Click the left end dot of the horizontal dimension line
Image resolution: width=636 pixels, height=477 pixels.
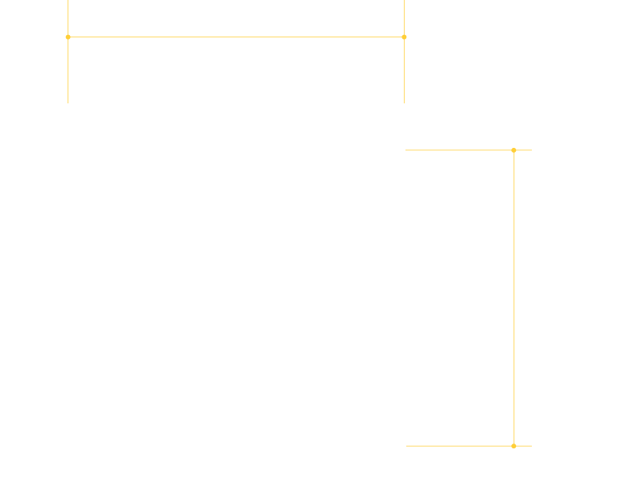[68, 37]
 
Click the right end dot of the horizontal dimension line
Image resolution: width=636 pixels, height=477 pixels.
[404, 37]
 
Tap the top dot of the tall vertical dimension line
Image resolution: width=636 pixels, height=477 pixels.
[514, 150]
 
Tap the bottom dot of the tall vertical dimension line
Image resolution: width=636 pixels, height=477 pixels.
[514, 446]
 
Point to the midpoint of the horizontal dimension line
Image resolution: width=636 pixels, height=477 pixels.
[236, 37]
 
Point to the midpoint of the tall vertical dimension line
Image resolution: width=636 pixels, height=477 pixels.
[514, 298]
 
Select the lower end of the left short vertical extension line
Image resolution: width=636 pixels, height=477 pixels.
[68, 103]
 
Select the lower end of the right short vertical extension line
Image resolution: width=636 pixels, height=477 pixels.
[404, 103]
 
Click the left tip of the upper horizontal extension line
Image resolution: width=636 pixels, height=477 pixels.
[406, 150]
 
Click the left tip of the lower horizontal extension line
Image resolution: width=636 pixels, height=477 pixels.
[407, 446]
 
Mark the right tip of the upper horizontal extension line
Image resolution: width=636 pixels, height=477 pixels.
[531, 150]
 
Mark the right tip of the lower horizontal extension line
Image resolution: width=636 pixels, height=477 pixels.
[531, 446]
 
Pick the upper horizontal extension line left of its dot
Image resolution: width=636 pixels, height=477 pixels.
[460, 150]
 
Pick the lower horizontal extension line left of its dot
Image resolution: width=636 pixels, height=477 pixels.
[460, 446]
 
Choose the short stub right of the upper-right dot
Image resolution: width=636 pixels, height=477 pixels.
[523, 150]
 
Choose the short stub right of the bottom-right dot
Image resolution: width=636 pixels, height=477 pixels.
[523, 446]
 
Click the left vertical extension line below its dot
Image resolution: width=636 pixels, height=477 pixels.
[68, 70]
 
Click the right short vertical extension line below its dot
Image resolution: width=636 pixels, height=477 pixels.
[404, 70]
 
